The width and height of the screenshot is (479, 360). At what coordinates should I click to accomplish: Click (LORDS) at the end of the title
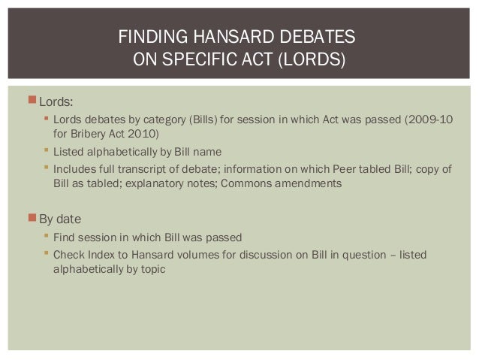[x=312, y=59]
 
